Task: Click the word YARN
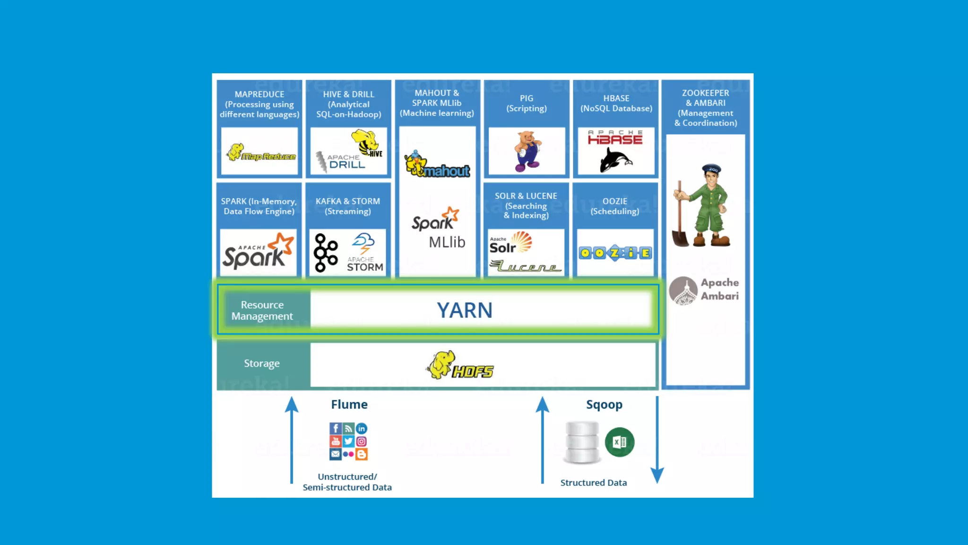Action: pos(464,310)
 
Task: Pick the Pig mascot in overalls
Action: pos(527,151)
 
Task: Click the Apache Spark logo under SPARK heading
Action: pos(258,251)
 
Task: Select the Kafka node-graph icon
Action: pos(326,253)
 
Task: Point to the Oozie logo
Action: pos(615,253)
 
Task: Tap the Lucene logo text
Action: pos(525,267)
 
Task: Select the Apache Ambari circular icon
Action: pos(683,290)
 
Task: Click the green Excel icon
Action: pos(619,442)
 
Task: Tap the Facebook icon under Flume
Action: pos(335,428)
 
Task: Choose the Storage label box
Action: pos(262,363)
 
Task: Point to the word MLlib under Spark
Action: pos(447,242)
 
